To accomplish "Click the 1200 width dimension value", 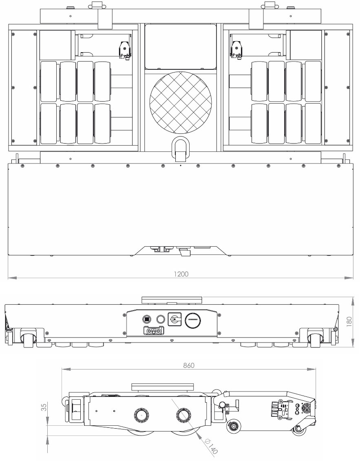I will pyautogui.click(x=180, y=274).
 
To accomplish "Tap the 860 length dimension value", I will pyautogui.click(x=189, y=366).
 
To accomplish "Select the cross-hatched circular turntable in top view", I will pyautogui.click(x=181, y=105).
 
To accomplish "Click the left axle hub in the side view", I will pyautogui.click(x=141, y=416).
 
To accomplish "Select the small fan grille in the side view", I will pyautogui.click(x=306, y=407).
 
